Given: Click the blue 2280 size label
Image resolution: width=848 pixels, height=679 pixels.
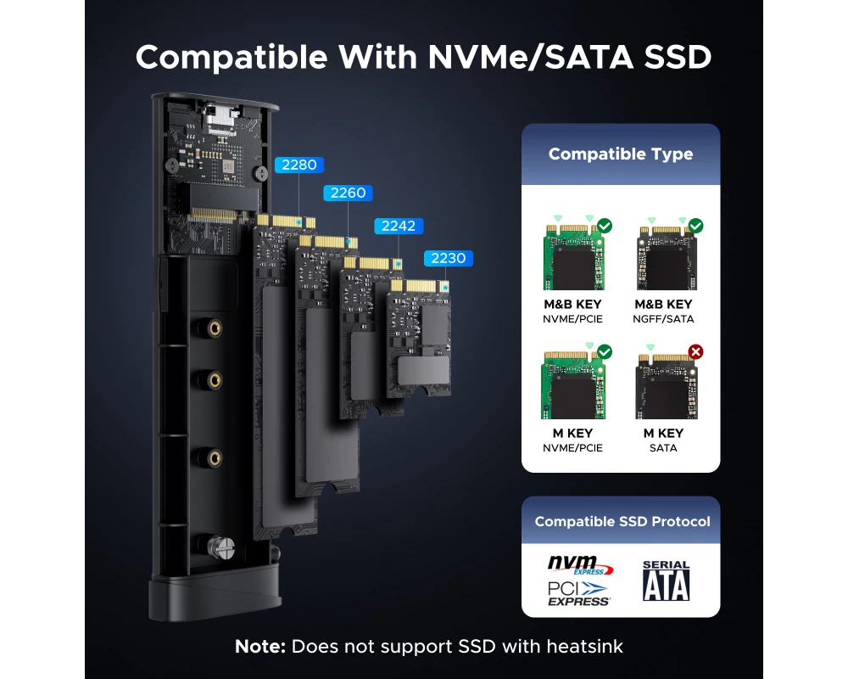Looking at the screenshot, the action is coord(299,165).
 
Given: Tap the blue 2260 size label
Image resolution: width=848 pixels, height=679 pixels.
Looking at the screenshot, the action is coord(348,193).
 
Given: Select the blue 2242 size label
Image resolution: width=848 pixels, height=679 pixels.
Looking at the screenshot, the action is coord(399,226).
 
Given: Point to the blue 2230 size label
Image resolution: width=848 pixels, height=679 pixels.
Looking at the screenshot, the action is coord(449,258).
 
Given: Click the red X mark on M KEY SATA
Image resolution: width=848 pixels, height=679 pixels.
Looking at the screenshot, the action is coord(696,352).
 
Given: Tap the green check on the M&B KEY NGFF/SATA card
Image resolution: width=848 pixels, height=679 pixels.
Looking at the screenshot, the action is coord(696,226).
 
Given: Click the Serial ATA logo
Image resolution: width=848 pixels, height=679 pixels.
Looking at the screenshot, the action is coord(666,581).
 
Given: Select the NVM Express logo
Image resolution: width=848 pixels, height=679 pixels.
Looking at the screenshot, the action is coord(580,564).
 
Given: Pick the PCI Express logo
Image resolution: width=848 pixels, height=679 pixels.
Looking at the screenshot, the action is coord(578,593).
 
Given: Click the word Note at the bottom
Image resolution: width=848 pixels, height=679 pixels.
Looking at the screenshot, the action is coord(260,646).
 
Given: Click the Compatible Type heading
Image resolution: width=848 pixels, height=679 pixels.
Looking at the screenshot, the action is coord(621,154).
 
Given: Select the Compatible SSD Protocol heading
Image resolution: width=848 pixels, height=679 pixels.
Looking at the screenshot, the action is coord(622,521).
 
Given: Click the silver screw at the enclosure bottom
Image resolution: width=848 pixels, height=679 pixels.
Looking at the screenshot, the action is coord(221,547).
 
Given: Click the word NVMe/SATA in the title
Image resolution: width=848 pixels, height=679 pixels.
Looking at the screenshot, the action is coord(531,58).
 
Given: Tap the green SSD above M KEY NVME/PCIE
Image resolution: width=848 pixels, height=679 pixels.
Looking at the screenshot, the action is coord(573,384).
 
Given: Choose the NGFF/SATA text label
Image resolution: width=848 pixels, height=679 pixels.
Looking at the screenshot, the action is coord(664,319).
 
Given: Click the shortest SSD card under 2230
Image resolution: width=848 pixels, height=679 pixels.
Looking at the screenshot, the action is coord(420,338).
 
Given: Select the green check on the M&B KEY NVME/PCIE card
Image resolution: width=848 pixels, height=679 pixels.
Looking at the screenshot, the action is coord(605,226).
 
